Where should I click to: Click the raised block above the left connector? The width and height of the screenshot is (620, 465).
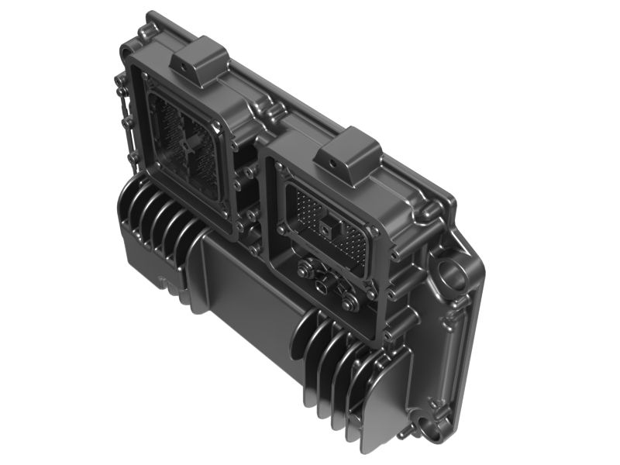[199, 61]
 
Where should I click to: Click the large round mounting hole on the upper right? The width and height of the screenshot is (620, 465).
[451, 273]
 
